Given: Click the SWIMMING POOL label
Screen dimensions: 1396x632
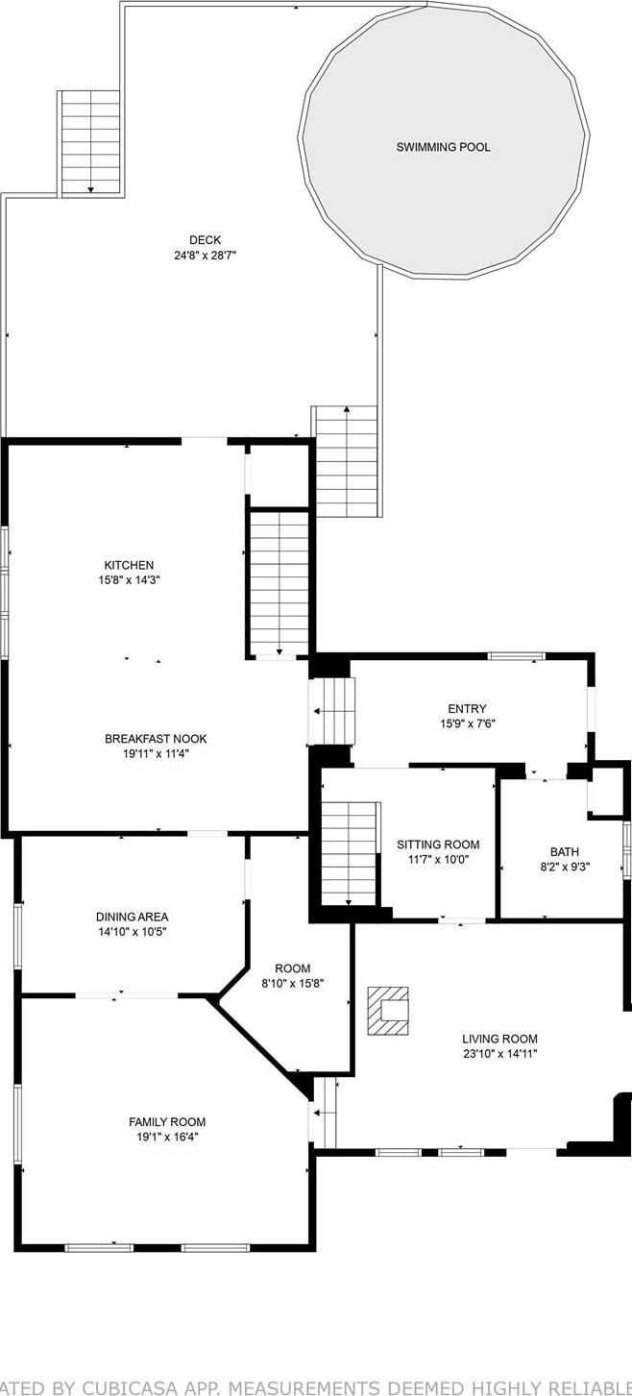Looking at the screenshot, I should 443,148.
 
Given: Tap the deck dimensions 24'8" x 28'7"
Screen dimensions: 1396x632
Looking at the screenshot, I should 205,257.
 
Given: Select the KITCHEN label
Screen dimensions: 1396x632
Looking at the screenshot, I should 129,565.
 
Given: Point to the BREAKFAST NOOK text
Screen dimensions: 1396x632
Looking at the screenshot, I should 156,739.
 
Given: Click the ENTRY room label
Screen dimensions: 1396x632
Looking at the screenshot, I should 467,709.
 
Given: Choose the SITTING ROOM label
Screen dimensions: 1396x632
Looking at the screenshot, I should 438,845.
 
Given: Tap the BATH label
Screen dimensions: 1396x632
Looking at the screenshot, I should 564,851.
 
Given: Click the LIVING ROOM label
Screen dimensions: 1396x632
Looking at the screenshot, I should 499,1039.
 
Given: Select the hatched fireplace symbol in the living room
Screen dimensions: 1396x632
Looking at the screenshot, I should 389,1010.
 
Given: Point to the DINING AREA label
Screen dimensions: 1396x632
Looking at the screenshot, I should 132,917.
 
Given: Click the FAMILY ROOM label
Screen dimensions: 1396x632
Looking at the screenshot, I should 167,1121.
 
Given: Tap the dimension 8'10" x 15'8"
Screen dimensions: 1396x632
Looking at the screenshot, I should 293,983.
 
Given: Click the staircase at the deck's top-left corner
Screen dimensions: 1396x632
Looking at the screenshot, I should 90,142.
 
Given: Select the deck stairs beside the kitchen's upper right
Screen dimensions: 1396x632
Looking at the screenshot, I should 346,461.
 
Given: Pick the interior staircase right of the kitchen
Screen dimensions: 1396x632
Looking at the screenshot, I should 279,583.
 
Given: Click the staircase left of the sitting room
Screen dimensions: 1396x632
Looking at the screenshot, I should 348,853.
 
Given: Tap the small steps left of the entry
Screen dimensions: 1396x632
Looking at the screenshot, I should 332,711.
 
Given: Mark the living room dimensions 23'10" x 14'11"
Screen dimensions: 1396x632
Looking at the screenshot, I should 499,1054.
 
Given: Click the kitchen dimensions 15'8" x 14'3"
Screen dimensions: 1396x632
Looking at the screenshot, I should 129,580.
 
